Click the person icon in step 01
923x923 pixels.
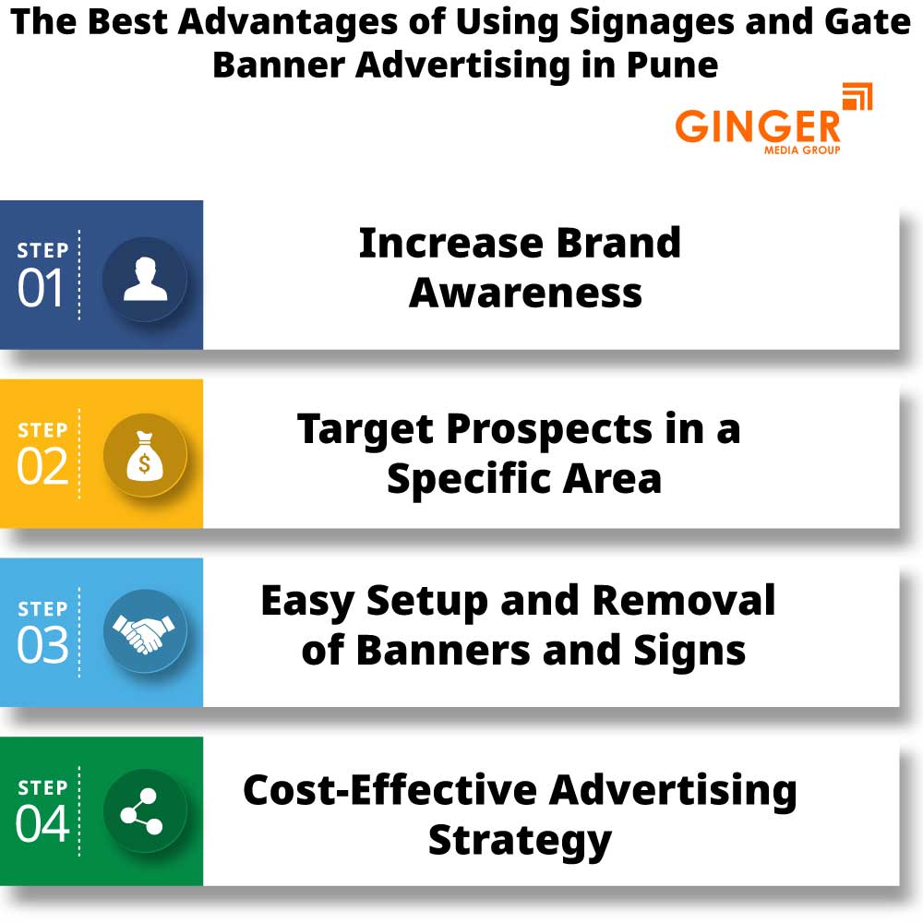145,279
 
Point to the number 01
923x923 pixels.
42,289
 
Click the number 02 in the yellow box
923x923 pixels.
42,467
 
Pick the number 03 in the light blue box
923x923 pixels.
42,646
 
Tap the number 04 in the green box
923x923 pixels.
42,824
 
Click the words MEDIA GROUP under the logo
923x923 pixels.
802,150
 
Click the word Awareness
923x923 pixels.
525,293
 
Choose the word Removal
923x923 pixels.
683,601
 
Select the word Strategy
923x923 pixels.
520,841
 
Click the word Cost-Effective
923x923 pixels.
389,791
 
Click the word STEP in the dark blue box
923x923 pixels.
42,251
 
